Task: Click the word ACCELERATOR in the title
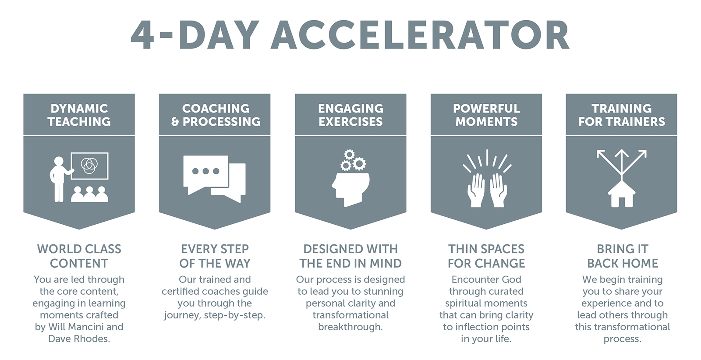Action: click(420, 35)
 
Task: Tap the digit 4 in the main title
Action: click(142, 35)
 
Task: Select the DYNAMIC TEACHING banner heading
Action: click(79, 115)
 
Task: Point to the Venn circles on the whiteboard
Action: click(89, 166)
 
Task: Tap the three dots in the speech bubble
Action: click(205, 171)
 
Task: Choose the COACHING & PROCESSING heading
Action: click(216, 115)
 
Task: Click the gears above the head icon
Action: click(353, 160)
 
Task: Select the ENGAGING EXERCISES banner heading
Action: click(351, 115)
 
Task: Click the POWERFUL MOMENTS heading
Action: click(486, 115)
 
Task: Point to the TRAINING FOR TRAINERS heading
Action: click(622, 115)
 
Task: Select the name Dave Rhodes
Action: click(79, 339)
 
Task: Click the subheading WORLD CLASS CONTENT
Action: click(79, 256)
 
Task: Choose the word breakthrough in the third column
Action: click(350, 327)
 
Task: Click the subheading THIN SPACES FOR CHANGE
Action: click(486, 256)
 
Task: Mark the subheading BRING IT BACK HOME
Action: click(623, 256)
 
